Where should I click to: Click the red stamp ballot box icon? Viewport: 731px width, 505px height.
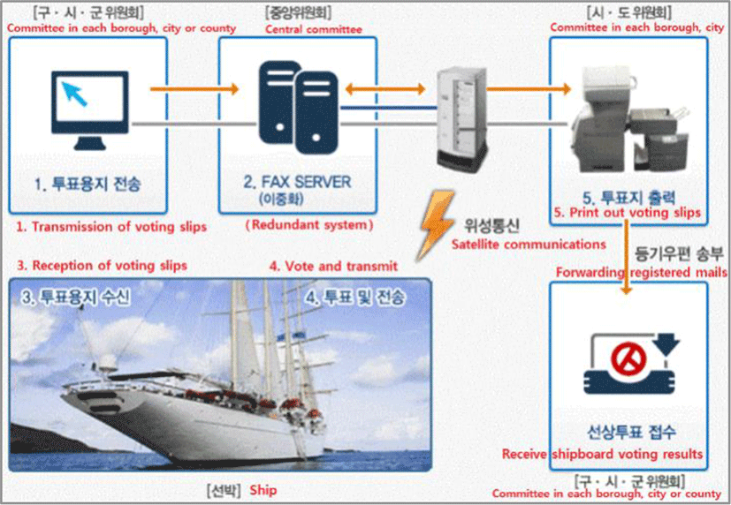click(x=628, y=365)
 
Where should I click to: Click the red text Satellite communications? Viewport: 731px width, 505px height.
click(x=528, y=243)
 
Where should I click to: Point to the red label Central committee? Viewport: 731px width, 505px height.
click(x=314, y=29)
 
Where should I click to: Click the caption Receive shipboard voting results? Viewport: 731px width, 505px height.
click(x=602, y=454)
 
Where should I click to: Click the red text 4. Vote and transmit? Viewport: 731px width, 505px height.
click(x=333, y=265)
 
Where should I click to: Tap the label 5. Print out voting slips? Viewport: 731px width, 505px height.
click(x=627, y=213)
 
